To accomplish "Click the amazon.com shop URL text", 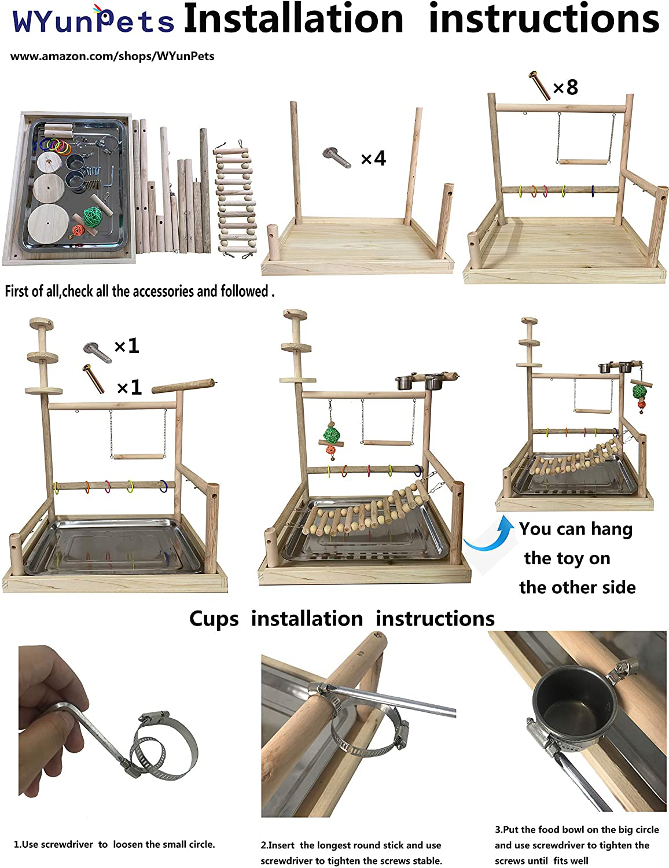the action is [x=112, y=56].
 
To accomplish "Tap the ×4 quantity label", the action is [x=373, y=159].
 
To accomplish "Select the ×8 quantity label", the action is [x=565, y=87].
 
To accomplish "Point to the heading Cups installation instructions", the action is [x=342, y=619].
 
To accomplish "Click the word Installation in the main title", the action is [x=293, y=19].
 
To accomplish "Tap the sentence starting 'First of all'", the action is [x=139, y=291].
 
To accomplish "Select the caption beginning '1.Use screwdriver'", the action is [x=114, y=844].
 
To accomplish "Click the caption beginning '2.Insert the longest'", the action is [x=351, y=852].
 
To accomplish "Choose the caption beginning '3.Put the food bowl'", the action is [x=577, y=845].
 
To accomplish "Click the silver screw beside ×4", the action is [x=337, y=157].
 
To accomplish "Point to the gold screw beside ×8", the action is [x=539, y=84].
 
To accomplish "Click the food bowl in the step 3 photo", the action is [x=574, y=712].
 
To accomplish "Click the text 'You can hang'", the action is [x=576, y=529].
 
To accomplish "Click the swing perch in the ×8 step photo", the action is [x=583, y=162].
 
